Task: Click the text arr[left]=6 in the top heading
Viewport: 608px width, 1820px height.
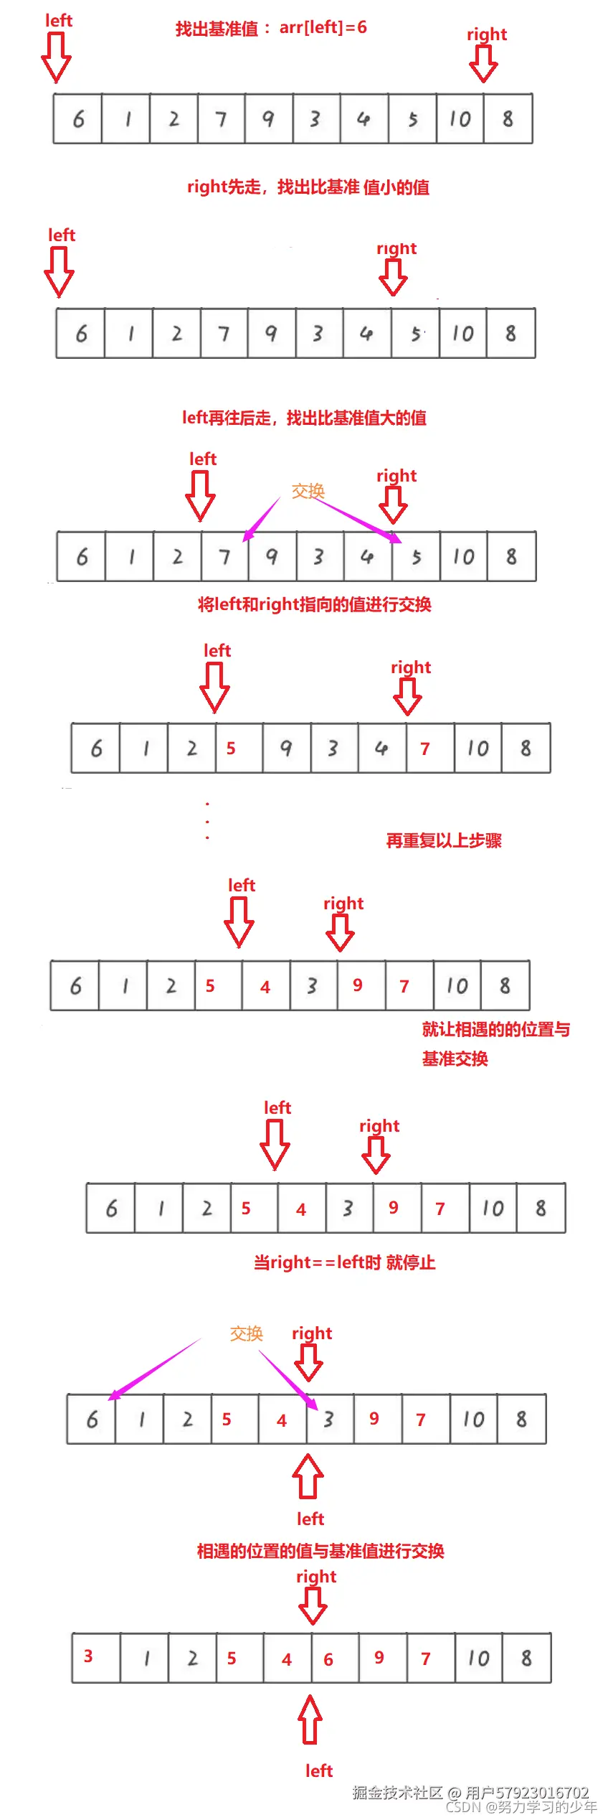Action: point(323,27)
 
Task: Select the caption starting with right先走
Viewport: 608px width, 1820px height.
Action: point(308,187)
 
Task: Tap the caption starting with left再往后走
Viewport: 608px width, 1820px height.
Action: point(304,418)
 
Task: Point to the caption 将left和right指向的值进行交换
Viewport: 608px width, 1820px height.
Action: point(314,604)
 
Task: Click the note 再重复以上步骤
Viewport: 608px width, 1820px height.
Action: point(444,840)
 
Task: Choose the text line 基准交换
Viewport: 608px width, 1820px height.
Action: point(455,1059)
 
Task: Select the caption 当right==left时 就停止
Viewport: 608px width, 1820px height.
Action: point(344,1262)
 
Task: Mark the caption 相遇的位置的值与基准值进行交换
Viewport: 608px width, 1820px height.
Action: point(320,1551)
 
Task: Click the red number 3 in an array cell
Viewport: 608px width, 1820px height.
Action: point(88,1656)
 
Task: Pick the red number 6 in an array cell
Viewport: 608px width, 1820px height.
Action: point(328,1659)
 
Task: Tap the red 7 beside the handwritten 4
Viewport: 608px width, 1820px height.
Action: point(425,749)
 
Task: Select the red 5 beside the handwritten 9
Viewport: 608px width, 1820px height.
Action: point(231,749)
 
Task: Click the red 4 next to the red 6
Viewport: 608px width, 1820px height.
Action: point(287,1659)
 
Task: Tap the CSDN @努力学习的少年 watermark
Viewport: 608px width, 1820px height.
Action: point(521,1807)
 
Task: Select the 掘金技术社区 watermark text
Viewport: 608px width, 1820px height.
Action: point(397,1792)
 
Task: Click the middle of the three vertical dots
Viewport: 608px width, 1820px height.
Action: point(207,821)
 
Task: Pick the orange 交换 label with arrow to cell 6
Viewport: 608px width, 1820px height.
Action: point(246,1333)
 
